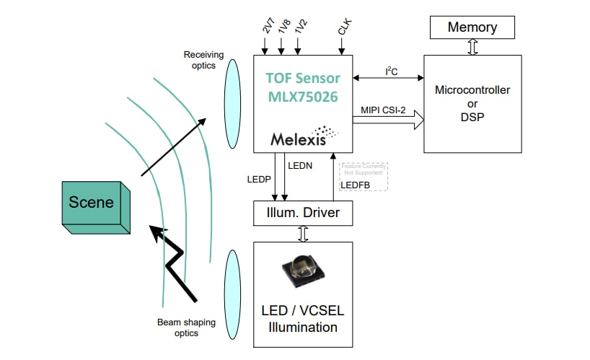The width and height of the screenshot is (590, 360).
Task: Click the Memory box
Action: tap(472, 27)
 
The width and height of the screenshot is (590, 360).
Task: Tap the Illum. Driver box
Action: tap(303, 213)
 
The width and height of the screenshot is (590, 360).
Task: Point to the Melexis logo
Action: tap(304, 137)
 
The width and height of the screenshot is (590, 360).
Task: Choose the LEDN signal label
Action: tap(299, 166)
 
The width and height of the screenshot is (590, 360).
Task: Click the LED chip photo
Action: tap(303, 275)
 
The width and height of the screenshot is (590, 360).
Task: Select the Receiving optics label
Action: tap(203, 60)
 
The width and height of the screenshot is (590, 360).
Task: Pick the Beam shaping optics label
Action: tap(177, 328)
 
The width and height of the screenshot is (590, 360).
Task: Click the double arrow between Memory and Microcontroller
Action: tap(473, 48)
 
